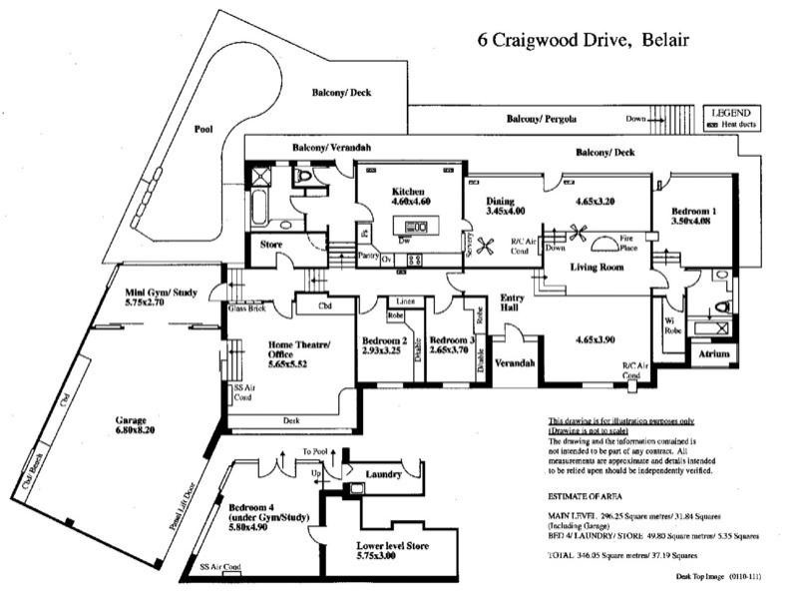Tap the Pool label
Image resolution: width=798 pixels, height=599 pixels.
tap(203, 130)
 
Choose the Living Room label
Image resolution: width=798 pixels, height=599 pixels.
tap(597, 268)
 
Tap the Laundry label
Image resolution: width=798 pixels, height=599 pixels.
tap(384, 474)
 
